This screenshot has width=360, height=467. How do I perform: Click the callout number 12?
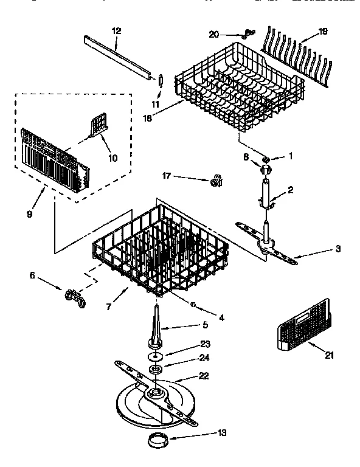(x=117, y=31)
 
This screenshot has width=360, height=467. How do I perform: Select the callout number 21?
(x=329, y=356)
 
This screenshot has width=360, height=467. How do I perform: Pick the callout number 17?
(x=165, y=177)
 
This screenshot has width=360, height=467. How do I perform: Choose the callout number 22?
(x=204, y=376)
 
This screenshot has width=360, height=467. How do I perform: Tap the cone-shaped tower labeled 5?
(x=156, y=326)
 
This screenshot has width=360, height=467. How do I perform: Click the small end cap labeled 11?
(x=161, y=81)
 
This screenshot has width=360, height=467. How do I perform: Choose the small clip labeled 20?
(x=247, y=33)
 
